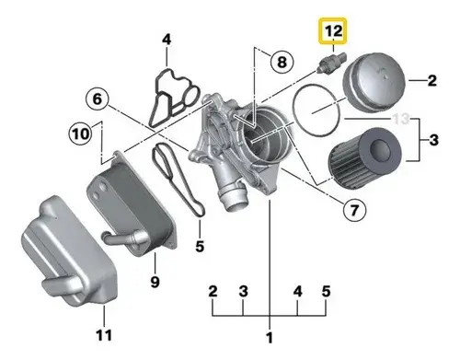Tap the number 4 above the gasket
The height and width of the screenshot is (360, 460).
[167, 40]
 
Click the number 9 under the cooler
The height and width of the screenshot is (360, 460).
[155, 280]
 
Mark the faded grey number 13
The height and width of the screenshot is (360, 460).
[400, 119]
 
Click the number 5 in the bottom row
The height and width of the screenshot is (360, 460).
[327, 292]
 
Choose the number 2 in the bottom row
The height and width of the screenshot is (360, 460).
[213, 292]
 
